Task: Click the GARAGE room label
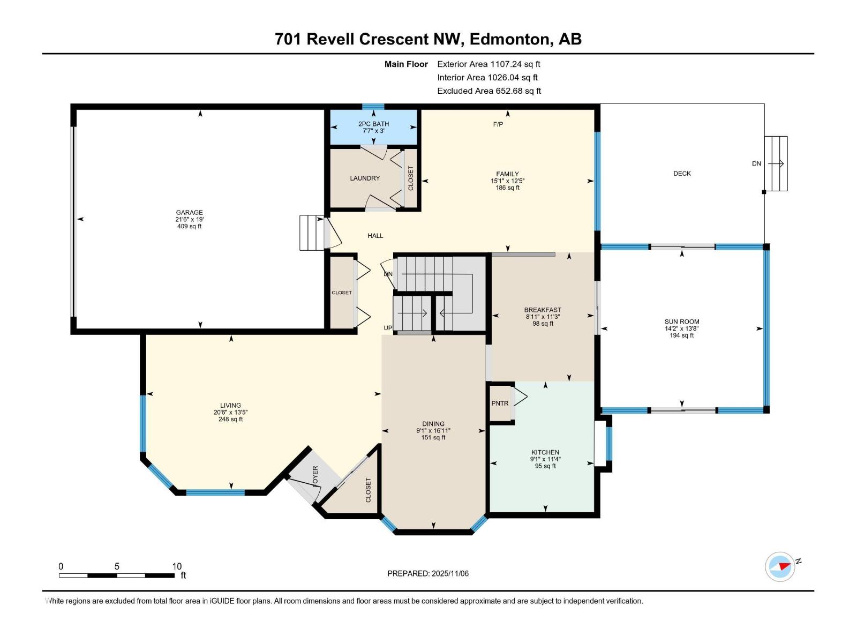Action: [x=189, y=212]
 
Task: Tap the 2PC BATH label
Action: [x=373, y=124]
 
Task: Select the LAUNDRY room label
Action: [x=365, y=178]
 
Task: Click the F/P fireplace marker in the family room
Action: [x=498, y=124]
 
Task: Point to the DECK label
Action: [x=682, y=174]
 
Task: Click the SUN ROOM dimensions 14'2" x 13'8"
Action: [x=682, y=328]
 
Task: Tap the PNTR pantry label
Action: [x=500, y=403]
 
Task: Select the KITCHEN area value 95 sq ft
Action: [x=545, y=466]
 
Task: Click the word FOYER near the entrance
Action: [x=315, y=476]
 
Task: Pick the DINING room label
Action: [x=433, y=424]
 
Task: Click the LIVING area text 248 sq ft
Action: [x=230, y=420]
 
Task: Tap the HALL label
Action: [x=375, y=236]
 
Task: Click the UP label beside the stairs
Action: [x=388, y=328]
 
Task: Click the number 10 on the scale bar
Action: [x=177, y=566]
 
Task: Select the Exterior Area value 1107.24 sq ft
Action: [x=515, y=64]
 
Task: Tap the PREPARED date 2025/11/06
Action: [x=448, y=573]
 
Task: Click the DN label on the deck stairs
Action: [x=756, y=163]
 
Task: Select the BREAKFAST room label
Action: [x=543, y=310]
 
